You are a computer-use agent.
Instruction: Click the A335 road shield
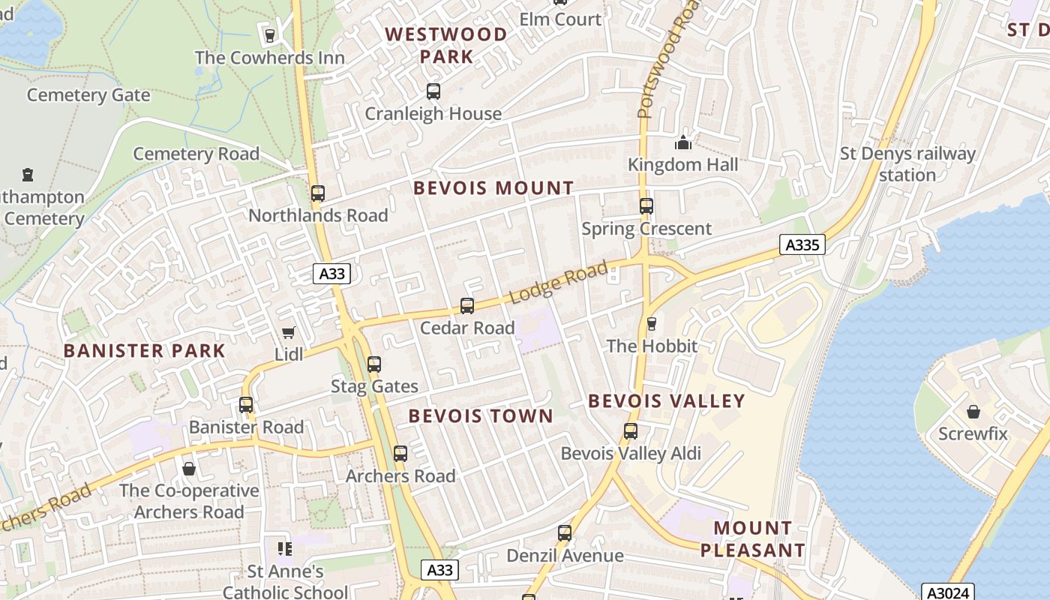[x=802, y=244]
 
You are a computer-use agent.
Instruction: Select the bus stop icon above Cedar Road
[x=466, y=306]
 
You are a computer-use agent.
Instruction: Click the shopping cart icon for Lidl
[x=288, y=332]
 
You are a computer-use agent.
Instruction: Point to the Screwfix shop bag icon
[x=973, y=412]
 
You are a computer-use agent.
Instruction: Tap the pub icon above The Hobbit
[x=651, y=324]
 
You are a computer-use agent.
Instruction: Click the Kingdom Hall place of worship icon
[x=682, y=142]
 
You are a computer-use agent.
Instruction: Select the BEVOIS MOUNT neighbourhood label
[x=493, y=188]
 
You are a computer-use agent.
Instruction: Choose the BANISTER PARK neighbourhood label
[x=144, y=351]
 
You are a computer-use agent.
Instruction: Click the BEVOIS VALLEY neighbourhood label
[x=666, y=401]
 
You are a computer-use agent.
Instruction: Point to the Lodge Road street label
[x=559, y=283]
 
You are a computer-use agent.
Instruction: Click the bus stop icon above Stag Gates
[x=373, y=364]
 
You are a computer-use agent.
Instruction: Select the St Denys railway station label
[x=907, y=164]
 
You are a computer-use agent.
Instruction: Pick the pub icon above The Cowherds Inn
[x=269, y=35]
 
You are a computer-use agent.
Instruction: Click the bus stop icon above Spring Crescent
[x=646, y=206]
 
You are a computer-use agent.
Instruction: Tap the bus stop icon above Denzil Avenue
[x=564, y=533]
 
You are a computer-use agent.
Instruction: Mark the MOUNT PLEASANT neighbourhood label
[x=752, y=538]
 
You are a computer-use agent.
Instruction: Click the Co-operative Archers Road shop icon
[x=188, y=469]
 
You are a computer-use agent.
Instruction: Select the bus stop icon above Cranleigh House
[x=433, y=91]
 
